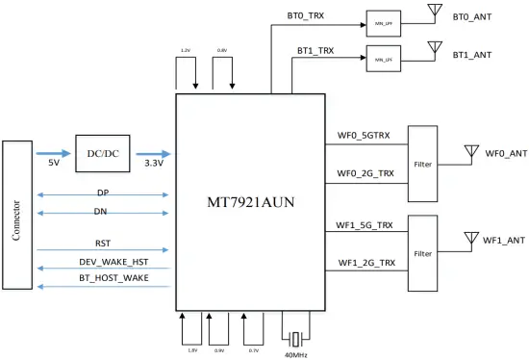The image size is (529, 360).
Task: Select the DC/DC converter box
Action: pyautogui.click(x=103, y=152)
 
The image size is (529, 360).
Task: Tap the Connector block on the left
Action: pyautogui.click(x=17, y=214)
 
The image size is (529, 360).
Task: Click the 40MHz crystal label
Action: pyautogui.click(x=297, y=354)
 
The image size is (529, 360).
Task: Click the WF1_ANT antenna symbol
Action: pyautogui.click(x=470, y=238)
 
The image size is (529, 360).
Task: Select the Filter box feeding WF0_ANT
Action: pyautogui.click(x=423, y=165)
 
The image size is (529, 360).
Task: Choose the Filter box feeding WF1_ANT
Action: pyautogui.click(x=423, y=254)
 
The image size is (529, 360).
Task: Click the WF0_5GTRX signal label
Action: pyautogui.click(x=364, y=137)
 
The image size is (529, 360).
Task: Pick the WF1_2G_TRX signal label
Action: pyautogui.click(x=365, y=263)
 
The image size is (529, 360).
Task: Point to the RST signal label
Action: pyautogui.click(x=102, y=244)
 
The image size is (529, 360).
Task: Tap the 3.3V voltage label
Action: pyautogui.click(x=153, y=165)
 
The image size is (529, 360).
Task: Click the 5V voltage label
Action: pyautogui.click(x=55, y=165)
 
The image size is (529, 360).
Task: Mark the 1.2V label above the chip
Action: pyautogui.click(x=186, y=49)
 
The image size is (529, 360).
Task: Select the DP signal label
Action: pyautogui.click(x=102, y=193)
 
